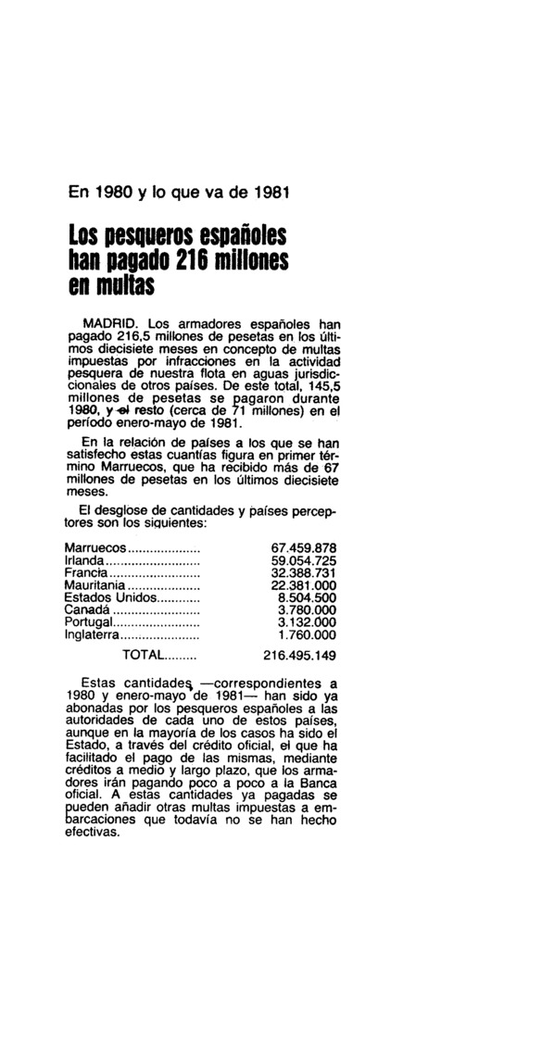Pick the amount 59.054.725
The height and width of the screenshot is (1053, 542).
[x=300, y=561]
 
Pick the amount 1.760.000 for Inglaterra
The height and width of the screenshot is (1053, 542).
[x=307, y=635]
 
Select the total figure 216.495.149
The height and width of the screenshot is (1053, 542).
[x=300, y=655]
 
